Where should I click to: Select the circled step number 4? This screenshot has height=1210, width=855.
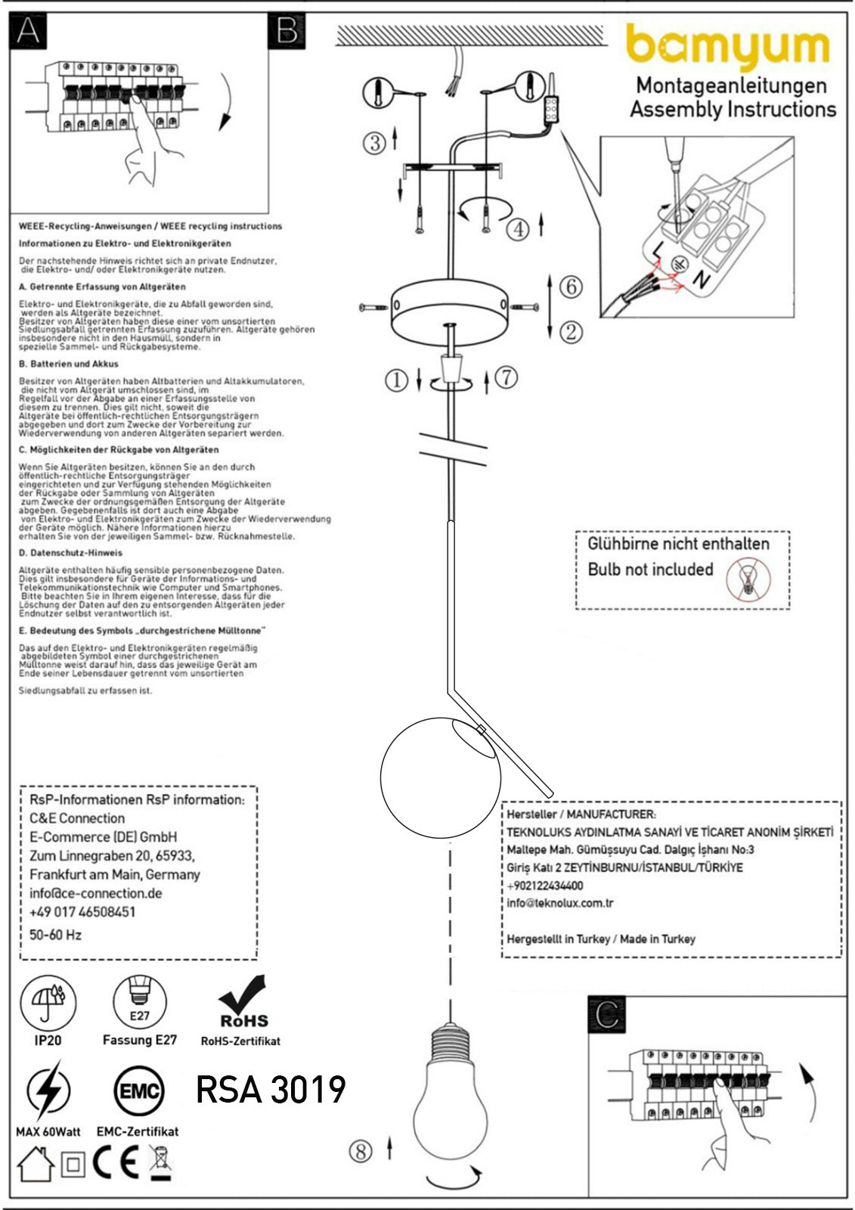(x=517, y=228)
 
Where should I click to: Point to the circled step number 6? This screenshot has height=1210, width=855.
(x=571, y=287)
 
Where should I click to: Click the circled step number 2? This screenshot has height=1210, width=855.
(x=571, y=331)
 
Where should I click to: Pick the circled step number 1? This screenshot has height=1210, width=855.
(x=396, y=380)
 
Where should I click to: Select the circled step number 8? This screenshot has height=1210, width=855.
(x=361, y=1151)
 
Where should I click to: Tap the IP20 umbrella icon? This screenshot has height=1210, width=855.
(x=48, y=1003)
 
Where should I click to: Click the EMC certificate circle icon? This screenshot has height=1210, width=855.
(x=138, y=1092)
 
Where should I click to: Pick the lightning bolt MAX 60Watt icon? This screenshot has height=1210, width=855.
(x=48, y=1092)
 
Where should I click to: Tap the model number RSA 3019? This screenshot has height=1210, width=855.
(x=271, y=1090)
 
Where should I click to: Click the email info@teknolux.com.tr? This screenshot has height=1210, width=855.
(x=559, y=903)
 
